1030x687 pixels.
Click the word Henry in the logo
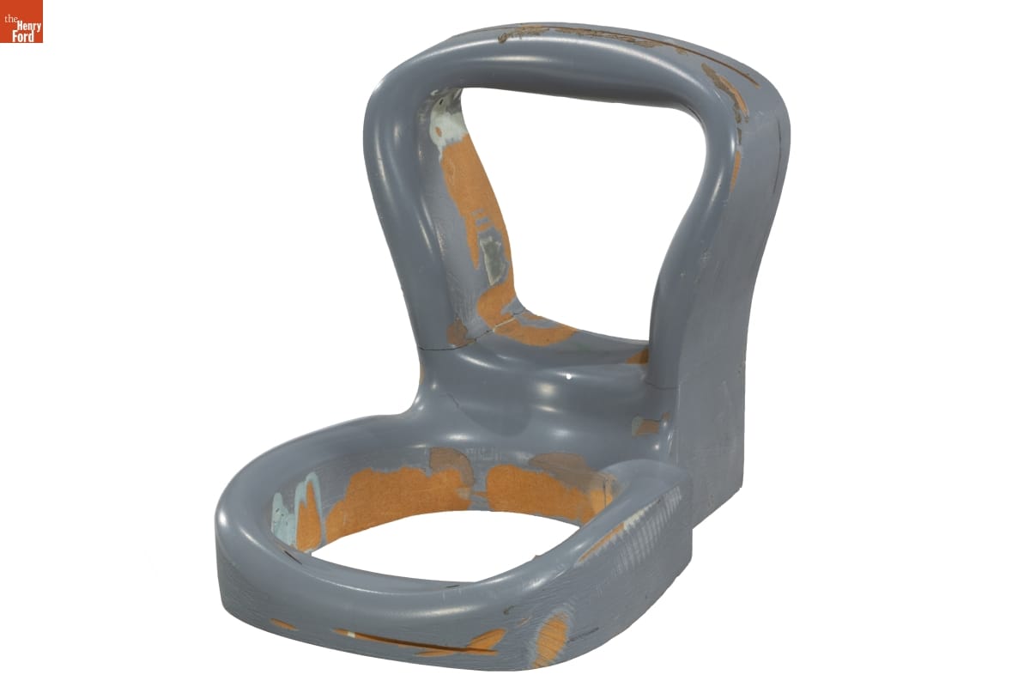point(29,27)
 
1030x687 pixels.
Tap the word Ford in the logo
point(23,36)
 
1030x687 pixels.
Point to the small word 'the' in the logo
point(10,20)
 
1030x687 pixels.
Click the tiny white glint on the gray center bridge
point(569,377)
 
